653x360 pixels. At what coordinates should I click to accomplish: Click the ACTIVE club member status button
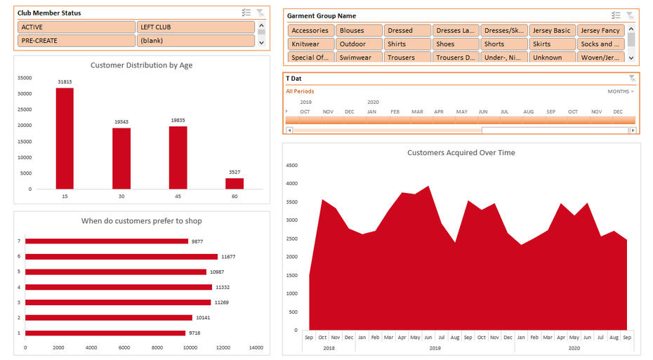coord(76,27)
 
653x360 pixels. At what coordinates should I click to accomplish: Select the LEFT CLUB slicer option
coord(195,27)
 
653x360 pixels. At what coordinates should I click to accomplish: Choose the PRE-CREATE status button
coord(76,41)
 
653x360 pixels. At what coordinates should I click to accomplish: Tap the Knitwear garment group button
coord(310,44)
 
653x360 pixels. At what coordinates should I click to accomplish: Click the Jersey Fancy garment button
coord(600,31)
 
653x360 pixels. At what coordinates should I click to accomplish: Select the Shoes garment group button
coord(454,44)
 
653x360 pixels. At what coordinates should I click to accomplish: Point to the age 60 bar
coord(234,183)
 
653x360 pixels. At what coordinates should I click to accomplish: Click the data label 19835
coord(178,121)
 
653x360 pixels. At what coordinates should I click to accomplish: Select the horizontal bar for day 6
coord(121,257)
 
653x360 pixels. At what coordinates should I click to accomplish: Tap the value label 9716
coord(194,333)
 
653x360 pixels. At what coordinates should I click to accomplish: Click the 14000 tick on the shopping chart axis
coord(256,347)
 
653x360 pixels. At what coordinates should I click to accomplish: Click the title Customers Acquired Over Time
coord(461,152)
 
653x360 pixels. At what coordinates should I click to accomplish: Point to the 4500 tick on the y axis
coord(291,166)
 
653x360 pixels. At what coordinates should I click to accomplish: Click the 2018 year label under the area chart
coord(329,348)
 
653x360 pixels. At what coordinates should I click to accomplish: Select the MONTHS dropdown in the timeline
coord(620,91)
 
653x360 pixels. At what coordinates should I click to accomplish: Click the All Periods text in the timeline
coord(300,91)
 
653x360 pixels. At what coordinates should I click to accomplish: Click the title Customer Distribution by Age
coord(141,65)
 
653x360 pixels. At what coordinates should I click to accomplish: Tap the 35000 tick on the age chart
coord(24,78)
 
